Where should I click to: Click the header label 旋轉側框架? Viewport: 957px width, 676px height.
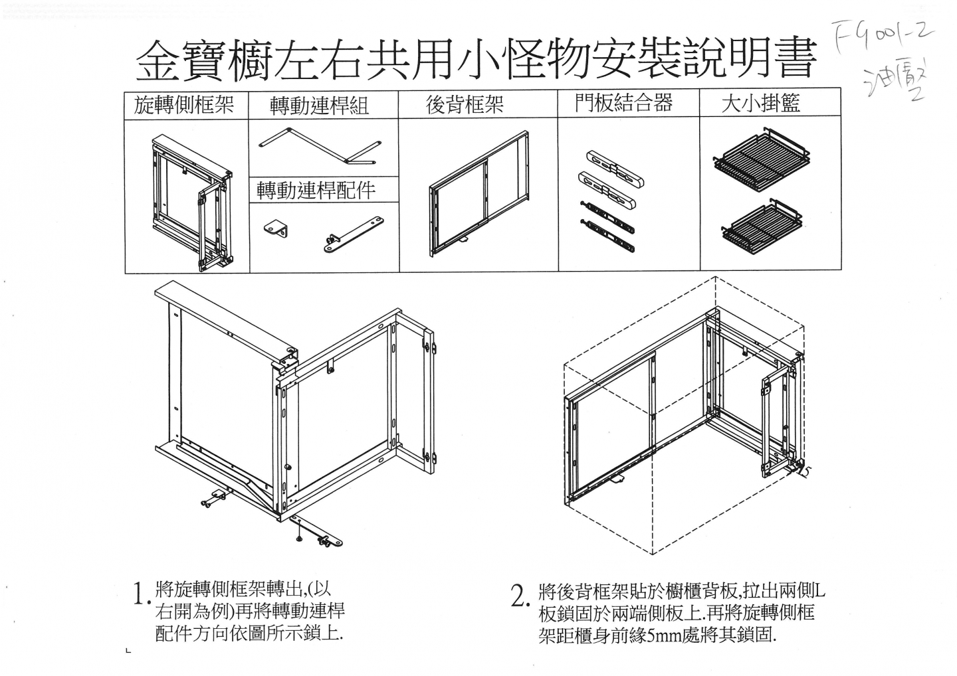pyautogui.click(x=184, y=105)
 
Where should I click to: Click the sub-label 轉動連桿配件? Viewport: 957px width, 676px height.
pyautogui.click(x=316, y=191)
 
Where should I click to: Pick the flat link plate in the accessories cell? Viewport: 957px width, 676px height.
pyautogui.click(x=354, y=234)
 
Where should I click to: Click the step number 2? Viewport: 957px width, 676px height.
pyautogui.click(x=518, y=596)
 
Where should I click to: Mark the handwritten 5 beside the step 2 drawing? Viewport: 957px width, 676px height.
pyautogui.click(x=806, y=471)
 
